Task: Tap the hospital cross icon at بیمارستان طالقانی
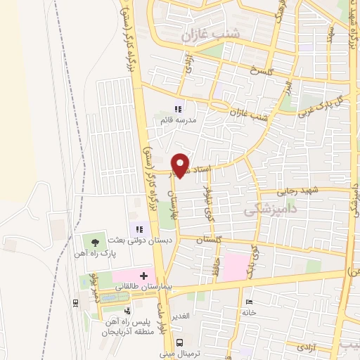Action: click(145, 275)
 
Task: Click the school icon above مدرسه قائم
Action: click(177, 109)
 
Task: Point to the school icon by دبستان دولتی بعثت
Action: click(137, 229)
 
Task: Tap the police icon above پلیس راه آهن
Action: click(127, 311)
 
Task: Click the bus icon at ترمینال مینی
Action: click(181, 342)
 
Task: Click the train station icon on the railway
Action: click(75, 302)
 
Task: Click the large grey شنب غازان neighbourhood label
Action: click(210, 34)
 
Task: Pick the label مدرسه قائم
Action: click(176, 121)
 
